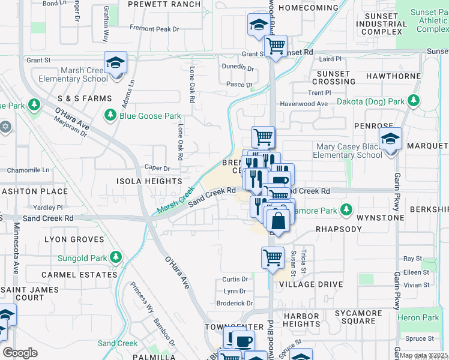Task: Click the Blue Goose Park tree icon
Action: [110, 115]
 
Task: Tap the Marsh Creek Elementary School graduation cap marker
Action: [115, 62]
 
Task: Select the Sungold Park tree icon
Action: [115, 258]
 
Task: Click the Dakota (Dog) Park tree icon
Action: [412, 102]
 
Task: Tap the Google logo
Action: [20, 353]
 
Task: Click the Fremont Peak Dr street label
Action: [155, 29]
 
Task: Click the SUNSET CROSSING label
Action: [333, 77]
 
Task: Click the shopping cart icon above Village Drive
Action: [273, 257]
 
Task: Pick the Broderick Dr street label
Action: [234, 304]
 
